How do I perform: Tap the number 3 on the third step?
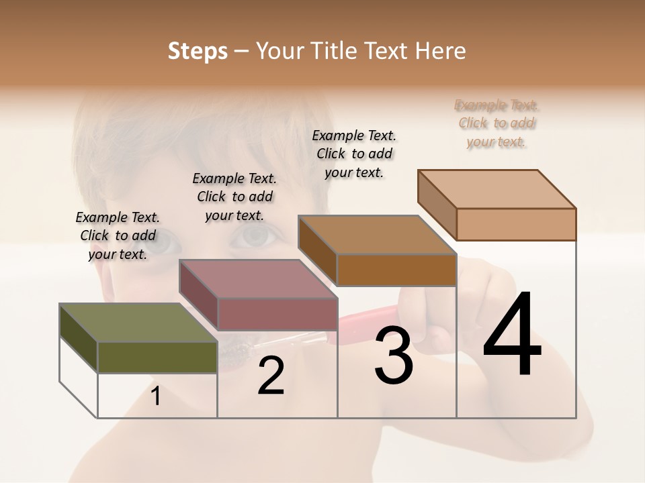point(393,356)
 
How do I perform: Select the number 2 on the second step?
point(271,376)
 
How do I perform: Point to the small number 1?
point(156,396)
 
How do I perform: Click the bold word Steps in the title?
point(198,51)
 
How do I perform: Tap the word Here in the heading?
point(441,51)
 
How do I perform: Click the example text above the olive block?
point(118,235)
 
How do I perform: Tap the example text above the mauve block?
point(234,197)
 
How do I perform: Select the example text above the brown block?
point(354,154)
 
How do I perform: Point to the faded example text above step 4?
point(497,123)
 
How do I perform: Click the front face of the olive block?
point(157,357)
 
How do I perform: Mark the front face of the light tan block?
point(516,224)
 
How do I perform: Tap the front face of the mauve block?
point(277,314)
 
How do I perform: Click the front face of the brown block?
point(396,270)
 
